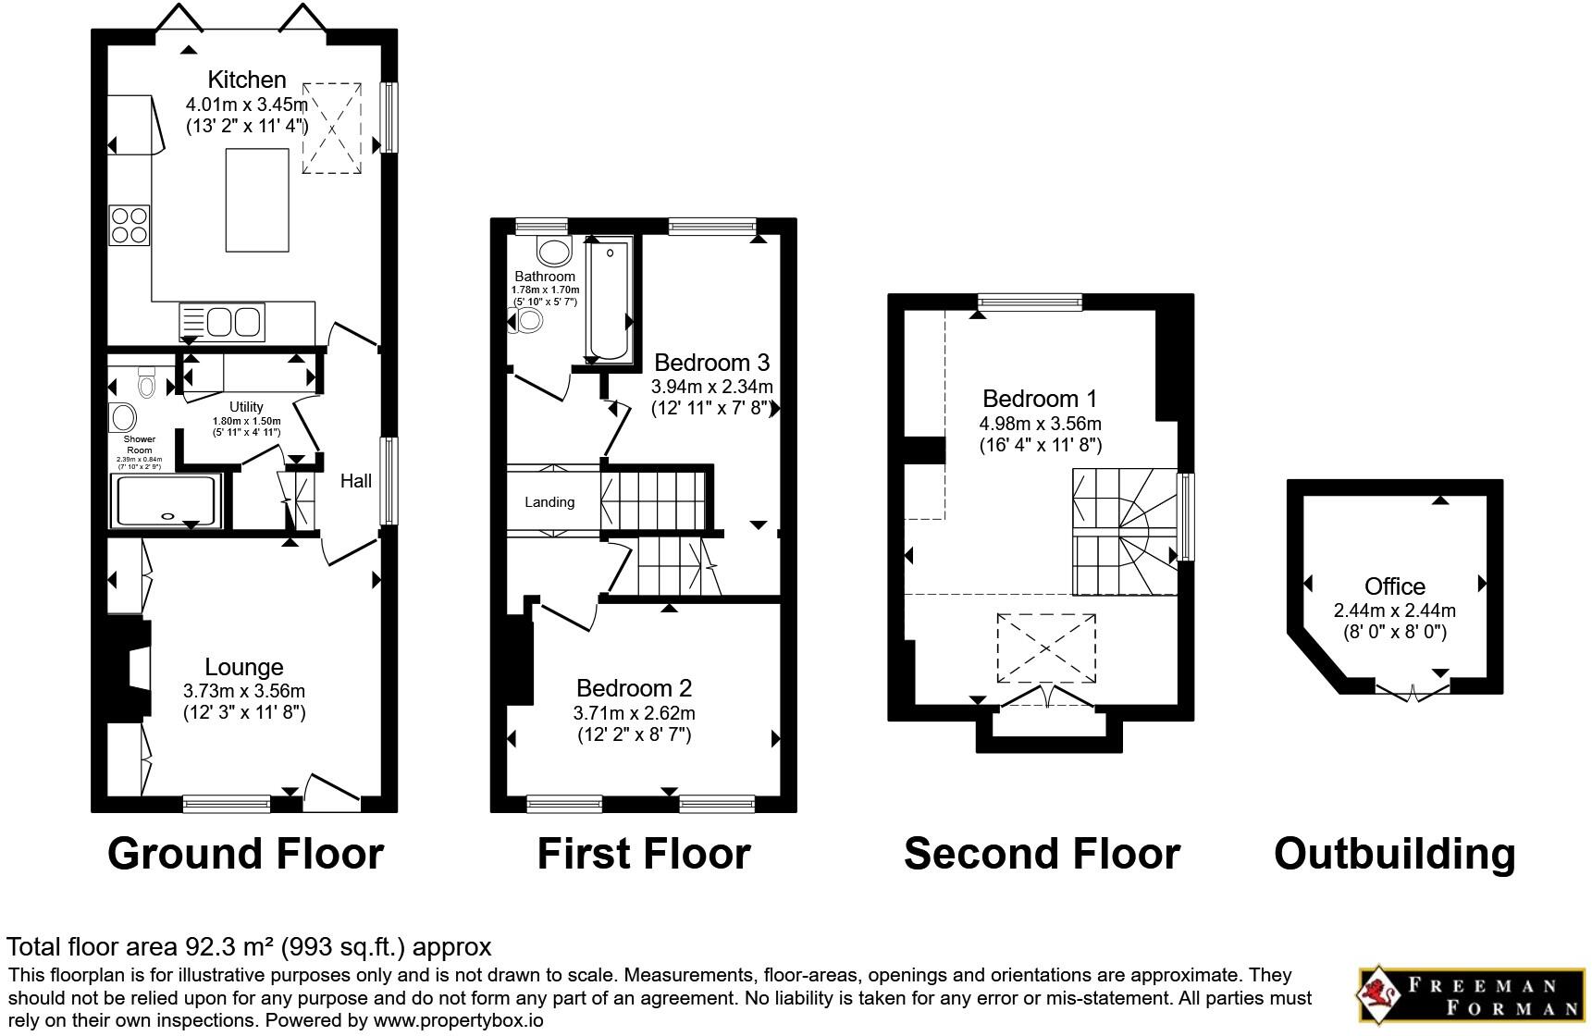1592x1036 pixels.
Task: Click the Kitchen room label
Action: tap(246, 80)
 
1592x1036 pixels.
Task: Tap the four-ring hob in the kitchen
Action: tap(130, 225)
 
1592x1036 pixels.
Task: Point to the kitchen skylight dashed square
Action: tap(331, 128)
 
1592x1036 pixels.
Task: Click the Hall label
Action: tap(356, 480)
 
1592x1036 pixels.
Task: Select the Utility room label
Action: tap(246, 407)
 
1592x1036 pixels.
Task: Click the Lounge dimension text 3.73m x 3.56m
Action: tap(244, 691)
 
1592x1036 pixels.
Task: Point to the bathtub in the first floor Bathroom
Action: tap(609, 300)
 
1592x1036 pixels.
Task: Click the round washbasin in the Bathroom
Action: tap(555, 252)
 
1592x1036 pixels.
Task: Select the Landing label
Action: tap(549, 502)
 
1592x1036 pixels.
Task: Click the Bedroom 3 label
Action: tap(711, 362)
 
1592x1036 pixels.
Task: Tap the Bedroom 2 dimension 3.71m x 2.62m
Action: tap(634, 713)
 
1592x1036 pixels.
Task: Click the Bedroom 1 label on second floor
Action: tap(1040, 399)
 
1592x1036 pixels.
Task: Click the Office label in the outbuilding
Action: tap(1394, 586)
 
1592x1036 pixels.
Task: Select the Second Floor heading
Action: tap(1042, 854)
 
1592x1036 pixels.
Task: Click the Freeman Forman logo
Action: tap(1472, 996)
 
